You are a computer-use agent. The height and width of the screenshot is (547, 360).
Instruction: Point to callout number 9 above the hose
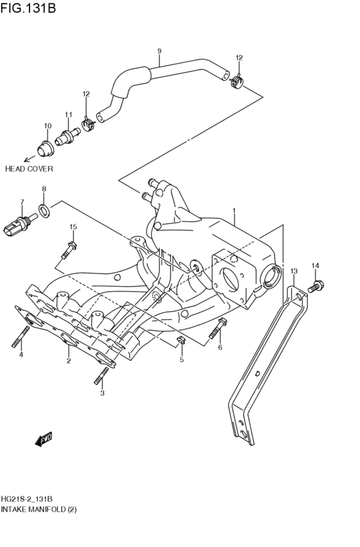click(159, 51)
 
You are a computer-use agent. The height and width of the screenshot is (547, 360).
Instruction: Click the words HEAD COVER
click(29, 169)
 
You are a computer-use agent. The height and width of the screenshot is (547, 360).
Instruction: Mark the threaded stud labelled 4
click(21, 336)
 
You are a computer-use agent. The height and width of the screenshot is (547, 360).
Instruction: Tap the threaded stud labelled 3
click(101, 375)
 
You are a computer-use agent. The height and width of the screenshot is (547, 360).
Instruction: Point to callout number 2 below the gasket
click(68, 361)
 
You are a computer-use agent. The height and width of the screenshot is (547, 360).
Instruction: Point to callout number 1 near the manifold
click(234, 210)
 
